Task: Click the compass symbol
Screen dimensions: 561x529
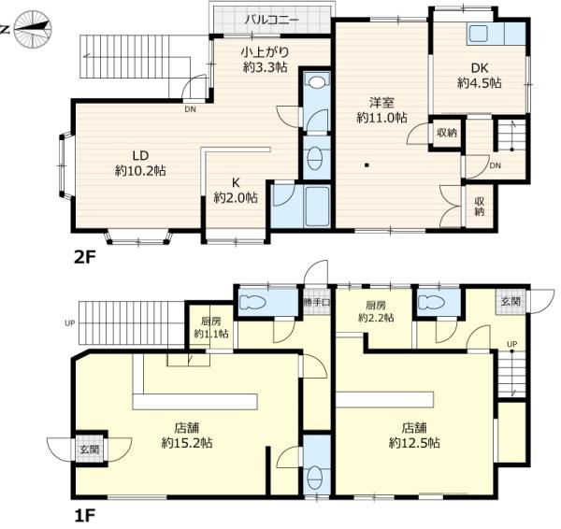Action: (x=33, y=29)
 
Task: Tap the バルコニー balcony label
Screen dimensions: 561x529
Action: (x=271, y=20)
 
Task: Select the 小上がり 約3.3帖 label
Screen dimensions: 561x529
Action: (x=265, y=60)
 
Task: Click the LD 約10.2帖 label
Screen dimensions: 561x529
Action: (x=140, y=164)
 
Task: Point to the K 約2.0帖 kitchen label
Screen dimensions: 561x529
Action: (x=236, y=191)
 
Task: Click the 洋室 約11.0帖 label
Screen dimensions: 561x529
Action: (x=381, y=110)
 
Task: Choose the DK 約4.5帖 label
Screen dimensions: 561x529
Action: (x=480, y=76)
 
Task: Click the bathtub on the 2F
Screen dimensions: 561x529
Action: (x=317, y=206)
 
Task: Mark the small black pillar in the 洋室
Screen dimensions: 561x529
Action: (x=367, y=164)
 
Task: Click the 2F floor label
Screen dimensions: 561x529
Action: (x=85, y=257)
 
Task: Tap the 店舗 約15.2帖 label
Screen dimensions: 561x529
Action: (x=187, y=436)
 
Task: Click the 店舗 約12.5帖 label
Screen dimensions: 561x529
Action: (x=414, y=436)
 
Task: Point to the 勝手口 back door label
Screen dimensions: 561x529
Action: (x=317, y=302)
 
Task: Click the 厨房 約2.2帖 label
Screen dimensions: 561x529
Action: (x=376, y=311)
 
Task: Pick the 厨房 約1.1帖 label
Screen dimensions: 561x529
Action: (x=211, y=327)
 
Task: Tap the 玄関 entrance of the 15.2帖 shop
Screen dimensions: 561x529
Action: (x=90, y=450)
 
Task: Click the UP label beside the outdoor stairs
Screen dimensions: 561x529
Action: (x=69, y=323)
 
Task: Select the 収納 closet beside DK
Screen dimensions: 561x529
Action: (x=447, y=133)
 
